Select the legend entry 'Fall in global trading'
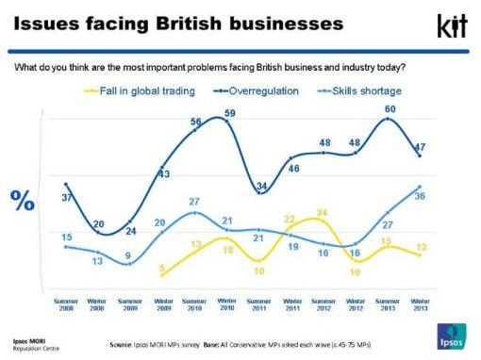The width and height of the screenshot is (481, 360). pyautogui.click(x=139, y=90)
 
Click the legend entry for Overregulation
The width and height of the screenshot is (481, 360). pyautogui.click(x=257, y=90)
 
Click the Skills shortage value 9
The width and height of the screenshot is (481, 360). pyautogui.click(x=130, y=255)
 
